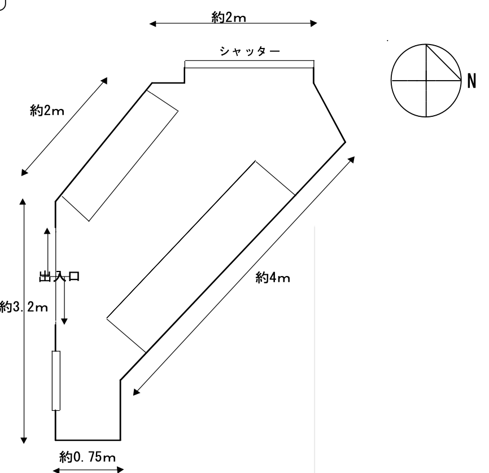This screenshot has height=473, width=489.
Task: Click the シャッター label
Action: coord(250,51)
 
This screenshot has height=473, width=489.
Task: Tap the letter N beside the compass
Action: coord(472,81)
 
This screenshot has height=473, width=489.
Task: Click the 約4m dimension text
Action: coord(273,277)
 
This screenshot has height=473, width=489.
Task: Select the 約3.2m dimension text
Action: coord(24,307)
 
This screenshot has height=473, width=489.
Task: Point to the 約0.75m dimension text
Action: coord(88,457)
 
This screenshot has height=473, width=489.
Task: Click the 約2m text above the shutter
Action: coord(229,17)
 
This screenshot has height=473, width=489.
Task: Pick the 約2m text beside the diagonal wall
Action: coord(47,111)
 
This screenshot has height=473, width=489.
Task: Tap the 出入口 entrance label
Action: coord(59,277)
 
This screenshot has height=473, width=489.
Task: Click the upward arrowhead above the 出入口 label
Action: coord(47,231)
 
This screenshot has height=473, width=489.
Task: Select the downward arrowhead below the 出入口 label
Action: coord(64,321)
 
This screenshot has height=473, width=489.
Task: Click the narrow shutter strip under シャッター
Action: coord(249,64)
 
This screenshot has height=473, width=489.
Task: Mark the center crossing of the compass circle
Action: coord(426,80)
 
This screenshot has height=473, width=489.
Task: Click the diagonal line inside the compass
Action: coord(444,62)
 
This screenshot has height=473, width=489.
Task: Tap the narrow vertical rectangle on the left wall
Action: coord(56,380)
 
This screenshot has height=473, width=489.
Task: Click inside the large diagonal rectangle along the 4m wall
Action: coord(201,257)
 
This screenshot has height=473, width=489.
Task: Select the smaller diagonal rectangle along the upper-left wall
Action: coord(120,156)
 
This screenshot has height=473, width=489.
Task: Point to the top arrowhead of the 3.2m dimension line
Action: coord(23,202)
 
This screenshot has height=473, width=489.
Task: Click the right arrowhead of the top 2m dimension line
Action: coord(314,23)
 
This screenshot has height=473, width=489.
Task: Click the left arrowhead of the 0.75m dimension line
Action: coord(56,470)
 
